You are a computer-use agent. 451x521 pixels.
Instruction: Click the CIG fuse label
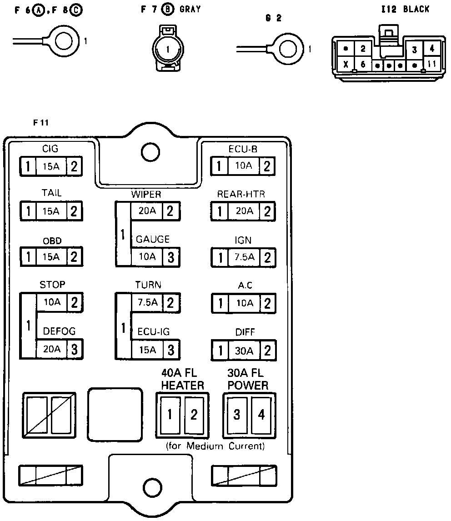tap(50, 149)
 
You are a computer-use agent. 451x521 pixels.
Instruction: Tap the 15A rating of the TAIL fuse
tap(51, 211)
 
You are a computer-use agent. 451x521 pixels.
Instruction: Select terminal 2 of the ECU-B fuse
tap(267, 166)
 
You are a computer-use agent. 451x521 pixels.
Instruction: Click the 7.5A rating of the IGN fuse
tap(244, 257)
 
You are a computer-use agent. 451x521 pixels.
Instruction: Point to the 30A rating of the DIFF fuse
tap(244, 351)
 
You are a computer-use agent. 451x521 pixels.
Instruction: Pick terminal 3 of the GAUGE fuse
tap(171, 257)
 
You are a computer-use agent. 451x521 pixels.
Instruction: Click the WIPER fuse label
tap(146, 195)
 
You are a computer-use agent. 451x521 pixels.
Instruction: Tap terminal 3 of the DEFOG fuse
tap(75, 350)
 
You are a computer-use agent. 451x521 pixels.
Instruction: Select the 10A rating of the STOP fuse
tap(51, 301)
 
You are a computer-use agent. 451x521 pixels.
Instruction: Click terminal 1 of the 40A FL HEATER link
tap(170, 414)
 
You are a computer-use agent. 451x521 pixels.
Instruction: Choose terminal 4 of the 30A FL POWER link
tap(261, 414)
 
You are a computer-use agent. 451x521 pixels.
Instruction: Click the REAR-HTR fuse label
tap(241, 194)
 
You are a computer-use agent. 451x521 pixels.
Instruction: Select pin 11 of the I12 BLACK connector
tap(431, 64)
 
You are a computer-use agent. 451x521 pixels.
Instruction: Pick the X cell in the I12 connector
tap(346, 65)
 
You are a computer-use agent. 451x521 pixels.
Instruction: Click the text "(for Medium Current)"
tap(215, 446)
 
